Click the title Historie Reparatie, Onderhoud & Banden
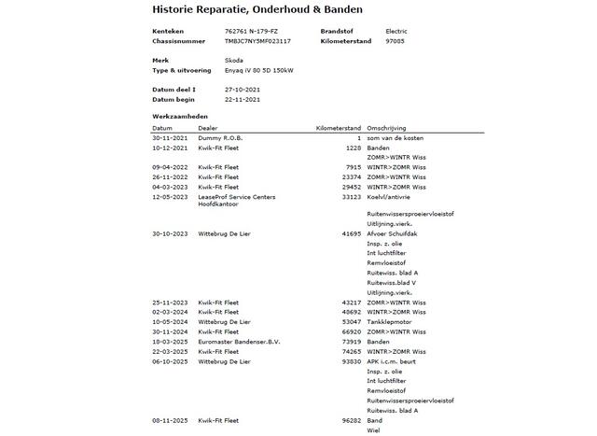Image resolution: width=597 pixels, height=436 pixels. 257,10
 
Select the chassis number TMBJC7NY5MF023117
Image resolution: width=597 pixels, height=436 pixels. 257,41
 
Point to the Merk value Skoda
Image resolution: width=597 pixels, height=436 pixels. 234,60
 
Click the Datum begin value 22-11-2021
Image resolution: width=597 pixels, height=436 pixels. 243,99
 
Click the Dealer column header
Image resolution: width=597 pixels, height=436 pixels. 209,128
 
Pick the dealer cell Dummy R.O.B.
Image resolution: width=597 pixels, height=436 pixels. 220,138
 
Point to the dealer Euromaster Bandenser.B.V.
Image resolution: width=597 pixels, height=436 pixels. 239,341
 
